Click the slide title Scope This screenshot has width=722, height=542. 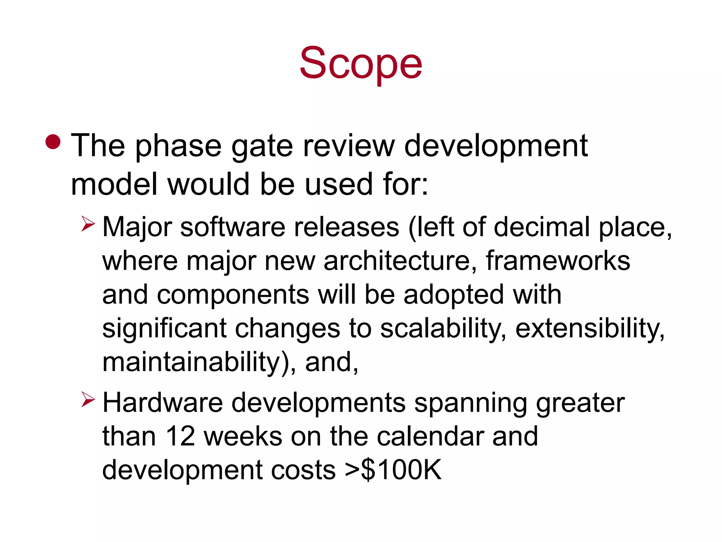coord(361,64)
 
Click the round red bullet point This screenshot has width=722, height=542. coord(53,142)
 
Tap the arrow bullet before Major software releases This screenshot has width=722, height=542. coord(88,224)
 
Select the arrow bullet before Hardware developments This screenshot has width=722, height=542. coord(88,399)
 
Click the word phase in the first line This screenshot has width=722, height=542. coord(178,146)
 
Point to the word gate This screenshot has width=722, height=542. coord(262,146)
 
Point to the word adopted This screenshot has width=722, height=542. coord(453,295)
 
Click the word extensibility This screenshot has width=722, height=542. coord(590,329)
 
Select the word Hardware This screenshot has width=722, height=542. coord(163,403)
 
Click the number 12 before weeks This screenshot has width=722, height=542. coord(180,436)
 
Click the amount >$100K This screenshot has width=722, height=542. coord(393,470)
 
